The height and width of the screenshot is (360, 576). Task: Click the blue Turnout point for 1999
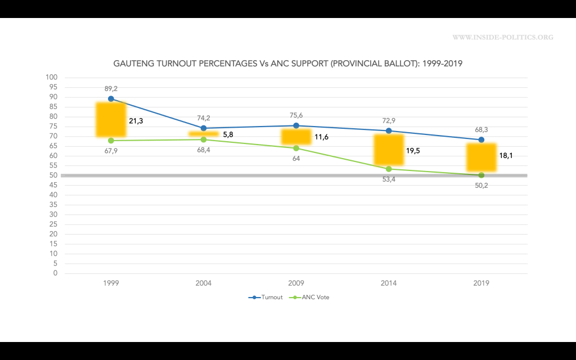[111, 99]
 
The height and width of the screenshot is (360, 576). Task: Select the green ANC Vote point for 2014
[389, 169]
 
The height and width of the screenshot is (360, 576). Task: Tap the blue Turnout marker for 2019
[481, 139]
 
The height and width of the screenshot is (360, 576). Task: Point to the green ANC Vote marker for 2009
[296, 148]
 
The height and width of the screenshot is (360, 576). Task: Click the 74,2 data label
[203, 118]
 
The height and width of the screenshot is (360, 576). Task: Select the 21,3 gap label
[137, 121]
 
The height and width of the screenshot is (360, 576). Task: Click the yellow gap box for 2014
[389, 150]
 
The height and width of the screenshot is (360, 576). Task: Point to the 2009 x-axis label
[296, 283]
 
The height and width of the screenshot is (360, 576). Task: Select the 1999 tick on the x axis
[111, 283]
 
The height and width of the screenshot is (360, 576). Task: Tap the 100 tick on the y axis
[52, 78]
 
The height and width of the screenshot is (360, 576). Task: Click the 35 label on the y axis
[53, 205]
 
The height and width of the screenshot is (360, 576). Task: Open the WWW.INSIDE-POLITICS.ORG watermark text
[503, 38]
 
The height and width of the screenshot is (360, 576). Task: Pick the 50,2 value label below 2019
[481, 186]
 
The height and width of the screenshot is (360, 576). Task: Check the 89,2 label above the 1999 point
[111, 89]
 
